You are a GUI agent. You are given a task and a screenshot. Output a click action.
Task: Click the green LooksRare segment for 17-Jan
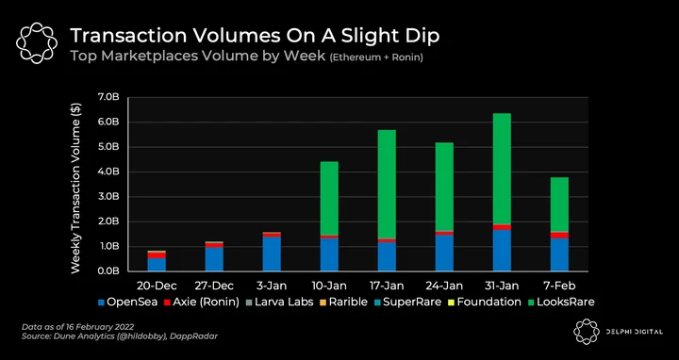pos(387,184)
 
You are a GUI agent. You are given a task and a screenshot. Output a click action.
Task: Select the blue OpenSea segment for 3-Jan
pos(272,254)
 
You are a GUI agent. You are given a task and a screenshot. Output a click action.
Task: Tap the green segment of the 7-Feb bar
pos(559,205)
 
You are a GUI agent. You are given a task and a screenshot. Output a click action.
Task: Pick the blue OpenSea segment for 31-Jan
pos(502,251)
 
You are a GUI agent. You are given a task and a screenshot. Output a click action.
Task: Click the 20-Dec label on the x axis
pos(157,286)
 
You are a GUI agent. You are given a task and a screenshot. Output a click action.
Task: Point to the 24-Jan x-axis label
pos(444,286)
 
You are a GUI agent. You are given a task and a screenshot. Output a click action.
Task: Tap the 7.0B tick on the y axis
pos(108,97)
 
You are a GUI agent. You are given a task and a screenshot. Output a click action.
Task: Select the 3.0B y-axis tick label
pos(108,197)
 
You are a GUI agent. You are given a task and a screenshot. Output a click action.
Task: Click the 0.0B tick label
pos(108,271)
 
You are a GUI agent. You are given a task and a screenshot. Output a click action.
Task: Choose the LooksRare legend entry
pos(562,302)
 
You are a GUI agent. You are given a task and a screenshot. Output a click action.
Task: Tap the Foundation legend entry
pos(486,302)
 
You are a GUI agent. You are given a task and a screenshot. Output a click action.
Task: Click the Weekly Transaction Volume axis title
pos(75,188)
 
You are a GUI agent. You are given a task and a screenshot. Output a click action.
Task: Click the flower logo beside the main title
pos(37,43)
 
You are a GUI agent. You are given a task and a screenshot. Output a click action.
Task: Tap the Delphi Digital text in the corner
pos(635,332)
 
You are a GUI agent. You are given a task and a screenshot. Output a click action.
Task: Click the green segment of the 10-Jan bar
pos(329,199)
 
